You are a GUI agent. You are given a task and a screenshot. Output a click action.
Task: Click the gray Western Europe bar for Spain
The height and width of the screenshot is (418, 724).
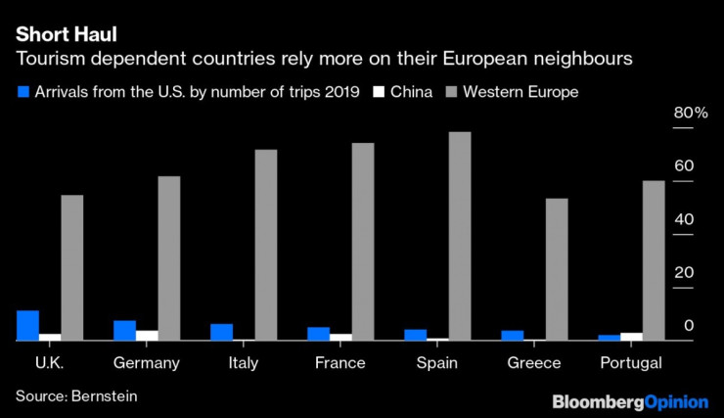[460, 236]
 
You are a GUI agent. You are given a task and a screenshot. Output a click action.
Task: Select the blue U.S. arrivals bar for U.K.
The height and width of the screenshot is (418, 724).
[28, 325]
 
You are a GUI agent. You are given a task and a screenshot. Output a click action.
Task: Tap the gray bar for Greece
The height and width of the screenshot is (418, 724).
[556, 269]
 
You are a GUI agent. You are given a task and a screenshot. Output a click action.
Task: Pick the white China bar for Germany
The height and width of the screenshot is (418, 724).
[147, 335]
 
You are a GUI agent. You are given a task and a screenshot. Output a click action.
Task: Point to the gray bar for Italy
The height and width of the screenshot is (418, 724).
[266, 245]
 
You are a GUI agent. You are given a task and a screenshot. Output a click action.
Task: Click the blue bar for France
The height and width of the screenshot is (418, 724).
[319, 333]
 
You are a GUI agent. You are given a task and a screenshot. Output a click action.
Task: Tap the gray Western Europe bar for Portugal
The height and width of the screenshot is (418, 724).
[653, 260]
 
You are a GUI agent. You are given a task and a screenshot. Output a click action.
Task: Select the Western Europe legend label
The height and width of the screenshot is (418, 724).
[520, 92]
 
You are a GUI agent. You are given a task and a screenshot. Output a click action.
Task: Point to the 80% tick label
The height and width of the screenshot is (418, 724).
[690, 115]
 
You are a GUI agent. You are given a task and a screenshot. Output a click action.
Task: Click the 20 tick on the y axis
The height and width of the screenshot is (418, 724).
[683, 272]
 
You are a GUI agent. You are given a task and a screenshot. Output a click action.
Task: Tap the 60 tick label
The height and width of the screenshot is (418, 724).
[683, 166]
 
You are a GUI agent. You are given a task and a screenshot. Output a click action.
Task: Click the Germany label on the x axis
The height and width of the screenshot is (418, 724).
[147, 363]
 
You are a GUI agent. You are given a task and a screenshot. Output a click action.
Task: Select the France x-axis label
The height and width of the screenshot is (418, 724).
[340, 363]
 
